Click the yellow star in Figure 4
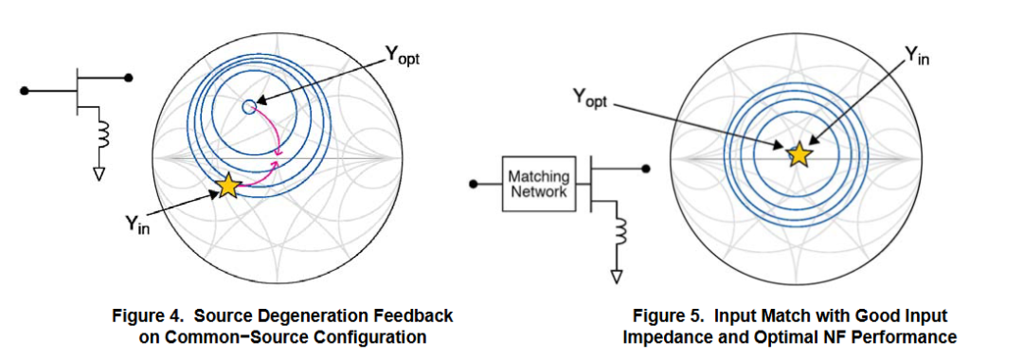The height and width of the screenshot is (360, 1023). [228, 186]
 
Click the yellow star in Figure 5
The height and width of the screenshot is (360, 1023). [799, 154]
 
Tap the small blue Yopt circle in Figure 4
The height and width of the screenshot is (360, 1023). [248, 107]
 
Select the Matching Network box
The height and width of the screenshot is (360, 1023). [538, 184]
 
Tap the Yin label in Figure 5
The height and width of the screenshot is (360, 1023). [916, 56]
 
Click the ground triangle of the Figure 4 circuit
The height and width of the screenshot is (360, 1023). [99, 173]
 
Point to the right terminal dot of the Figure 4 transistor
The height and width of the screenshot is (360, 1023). [129, 78]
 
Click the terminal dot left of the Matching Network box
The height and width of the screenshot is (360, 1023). [475, 184]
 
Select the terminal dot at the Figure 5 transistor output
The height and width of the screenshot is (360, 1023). [646, 169]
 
